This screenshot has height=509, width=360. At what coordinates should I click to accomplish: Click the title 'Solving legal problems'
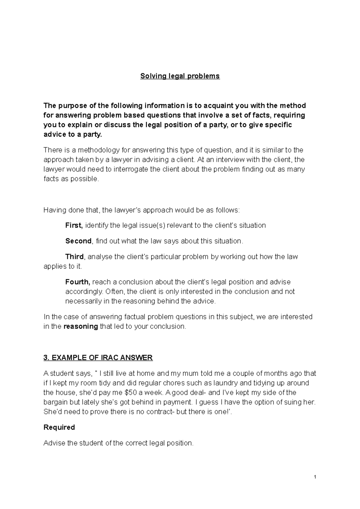point(180,76)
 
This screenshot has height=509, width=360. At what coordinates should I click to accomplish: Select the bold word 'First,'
point(74,225)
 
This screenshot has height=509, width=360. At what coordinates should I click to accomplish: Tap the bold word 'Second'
point(79,241)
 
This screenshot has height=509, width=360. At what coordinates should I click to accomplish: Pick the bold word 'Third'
point(75,257)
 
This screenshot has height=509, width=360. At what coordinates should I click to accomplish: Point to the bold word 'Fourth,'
point(78,282)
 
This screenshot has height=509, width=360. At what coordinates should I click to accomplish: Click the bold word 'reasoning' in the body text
point(81,326)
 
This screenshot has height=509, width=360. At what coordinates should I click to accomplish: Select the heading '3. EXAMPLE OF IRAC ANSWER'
point(98,358)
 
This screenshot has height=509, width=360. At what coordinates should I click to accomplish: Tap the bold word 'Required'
point(59,427)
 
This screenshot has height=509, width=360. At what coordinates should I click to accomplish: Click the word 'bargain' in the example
point(55,402)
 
